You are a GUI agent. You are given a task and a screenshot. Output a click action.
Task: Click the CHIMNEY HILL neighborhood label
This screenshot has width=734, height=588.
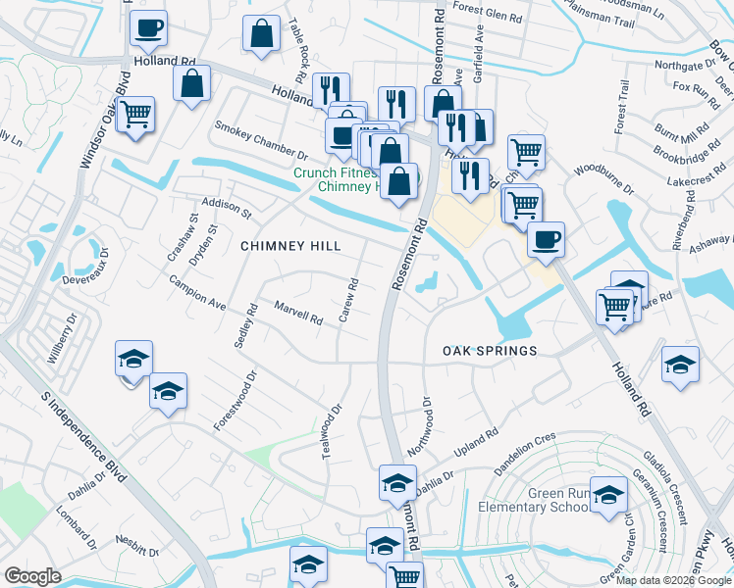pyautogui.click(x=290, y=247)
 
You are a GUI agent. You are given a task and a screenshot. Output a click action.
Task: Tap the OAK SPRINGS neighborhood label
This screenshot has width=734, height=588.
pyautogui.click(x=490, y=351)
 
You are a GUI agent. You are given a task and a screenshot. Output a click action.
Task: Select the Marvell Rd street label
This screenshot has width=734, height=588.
pyautogui.click(x=298, y=313)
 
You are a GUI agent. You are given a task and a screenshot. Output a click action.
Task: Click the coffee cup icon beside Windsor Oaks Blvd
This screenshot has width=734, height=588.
pyautogui.click(x=148, y=28)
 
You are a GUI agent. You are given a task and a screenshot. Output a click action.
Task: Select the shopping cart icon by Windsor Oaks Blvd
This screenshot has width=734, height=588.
pyautogui.click(x=136, y=115)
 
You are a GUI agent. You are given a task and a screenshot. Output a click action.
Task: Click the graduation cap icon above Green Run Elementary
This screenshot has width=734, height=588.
pyautogui.click(x=608, y=493)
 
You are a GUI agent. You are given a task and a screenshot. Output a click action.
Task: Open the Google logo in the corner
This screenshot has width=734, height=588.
pyautogui.click(x=32, y=576)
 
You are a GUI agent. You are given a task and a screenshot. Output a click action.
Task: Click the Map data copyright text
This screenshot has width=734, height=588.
pyautogui.click(x=673, y=580)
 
